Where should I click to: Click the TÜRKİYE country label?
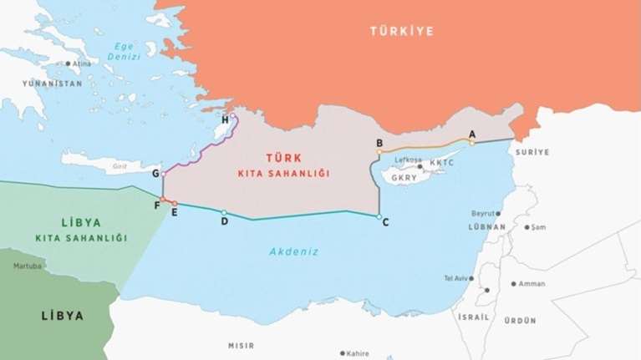point(402,31)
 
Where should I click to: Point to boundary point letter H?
point(224,119)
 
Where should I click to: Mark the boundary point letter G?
point(155,173)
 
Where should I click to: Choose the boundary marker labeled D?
point(224,221)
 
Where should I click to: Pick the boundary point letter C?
point(384,221)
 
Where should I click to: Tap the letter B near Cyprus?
point(379,143)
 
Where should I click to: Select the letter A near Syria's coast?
point(471,134)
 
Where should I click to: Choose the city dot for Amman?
point(513,284)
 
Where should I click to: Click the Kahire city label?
point(358,353)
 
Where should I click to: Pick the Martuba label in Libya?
point(26,266)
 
